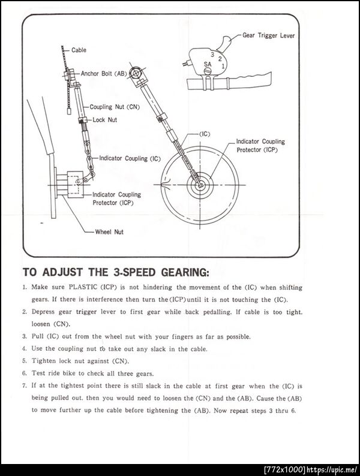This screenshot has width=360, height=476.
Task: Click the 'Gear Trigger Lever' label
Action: pos(269,35)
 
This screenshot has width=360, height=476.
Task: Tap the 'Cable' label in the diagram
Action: pos(79,50)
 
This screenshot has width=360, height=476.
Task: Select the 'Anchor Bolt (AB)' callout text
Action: pos(104,74)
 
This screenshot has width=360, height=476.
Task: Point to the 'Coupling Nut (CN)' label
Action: pos(115,107)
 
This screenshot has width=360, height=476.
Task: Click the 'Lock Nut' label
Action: pos(105,120)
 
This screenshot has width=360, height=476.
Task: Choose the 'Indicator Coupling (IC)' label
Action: pos(130,158)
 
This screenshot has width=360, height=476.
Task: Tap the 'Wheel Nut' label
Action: pos(109,232)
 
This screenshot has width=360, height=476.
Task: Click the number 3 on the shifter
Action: pos(212,55)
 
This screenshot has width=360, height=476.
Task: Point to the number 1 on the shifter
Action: pos(223,65)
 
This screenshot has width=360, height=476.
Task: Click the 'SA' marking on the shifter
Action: pos(208,64)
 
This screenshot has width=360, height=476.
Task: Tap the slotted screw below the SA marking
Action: pos(207,71)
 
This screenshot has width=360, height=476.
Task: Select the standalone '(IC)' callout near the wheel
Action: pos(205,134)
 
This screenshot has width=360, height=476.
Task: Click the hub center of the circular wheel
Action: pos(200,185)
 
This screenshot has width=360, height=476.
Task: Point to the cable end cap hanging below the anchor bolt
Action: pos(69,112)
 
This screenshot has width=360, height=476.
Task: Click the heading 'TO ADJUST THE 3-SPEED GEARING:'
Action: pos(116,272)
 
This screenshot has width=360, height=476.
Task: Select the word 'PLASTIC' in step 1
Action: pos(83,287)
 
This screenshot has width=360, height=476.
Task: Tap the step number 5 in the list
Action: pos(25,361)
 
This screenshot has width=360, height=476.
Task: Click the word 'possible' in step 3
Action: pos(238,337)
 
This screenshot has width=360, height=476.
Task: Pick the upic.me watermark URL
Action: pos(332,469)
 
